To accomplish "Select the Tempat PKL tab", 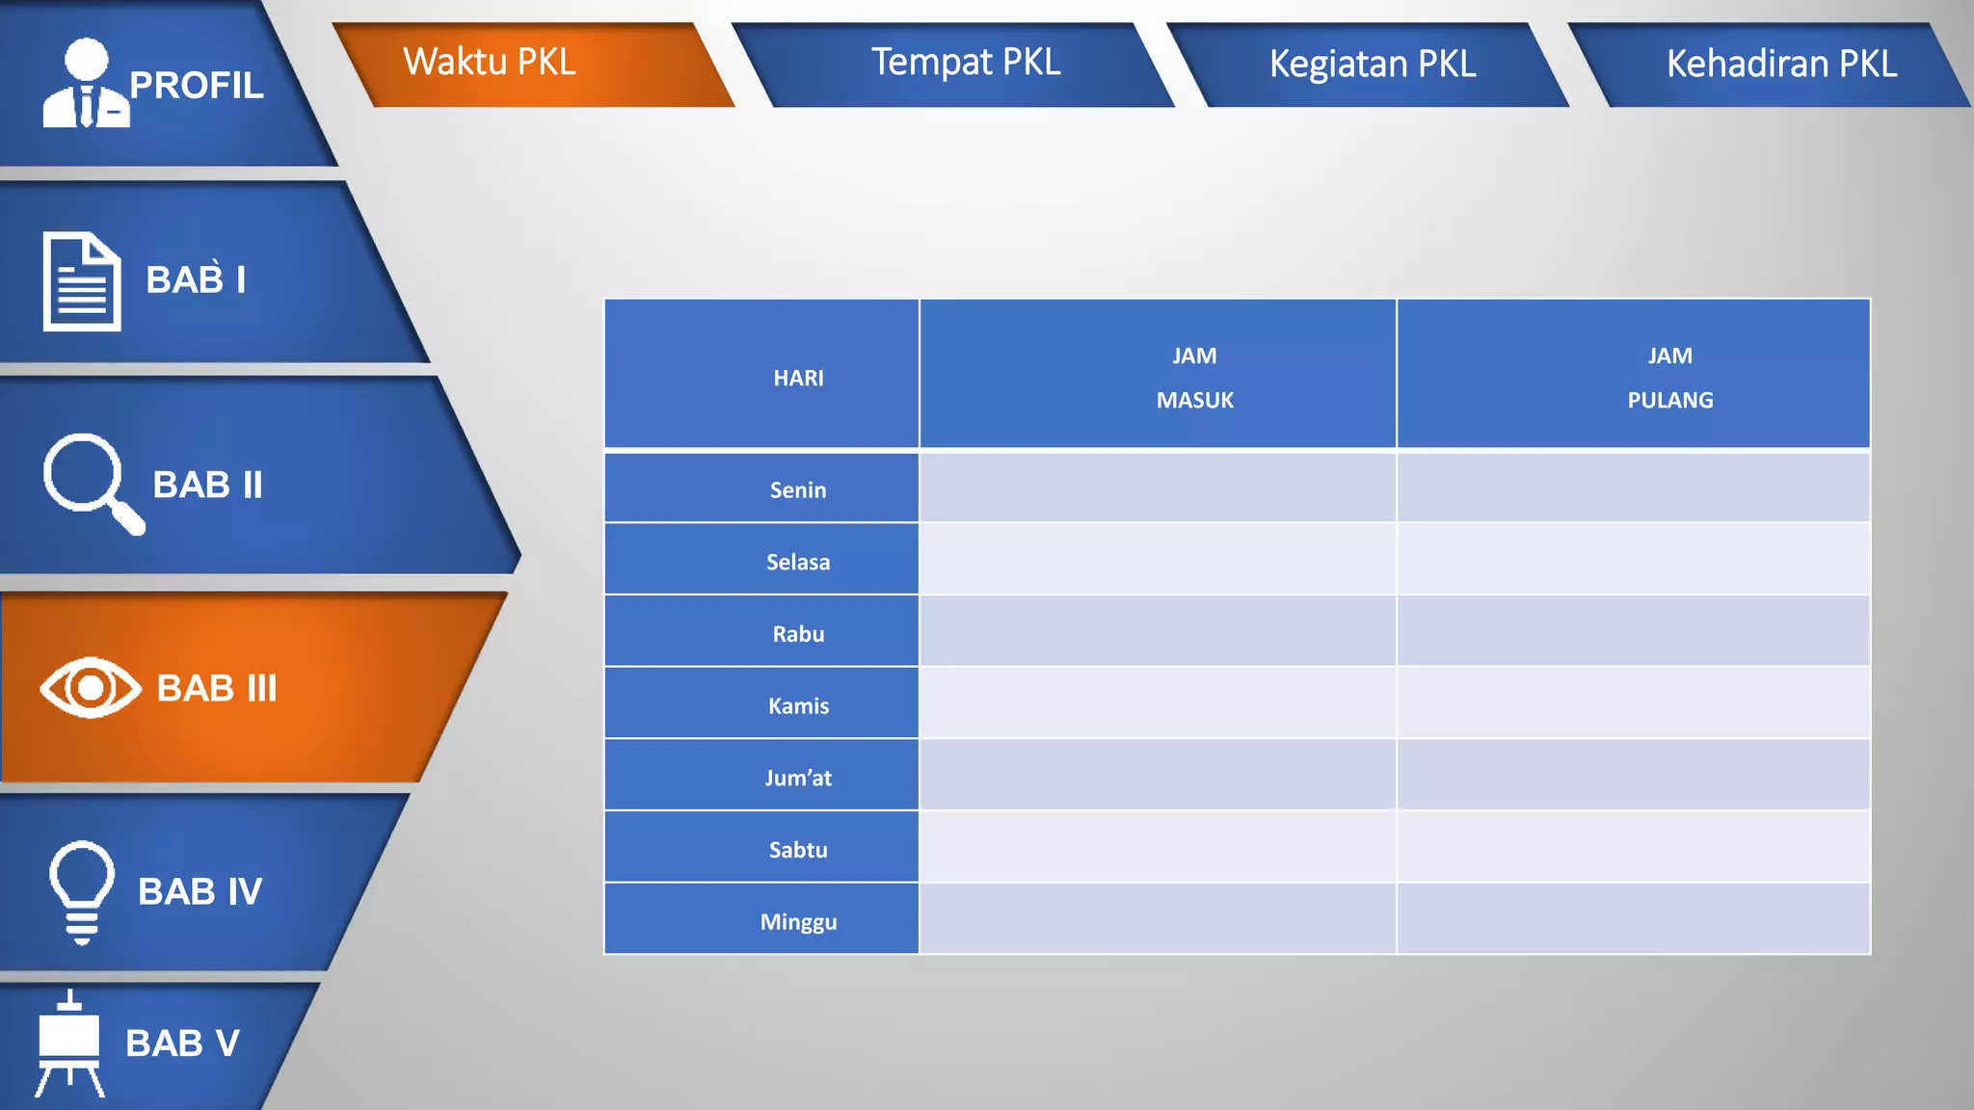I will (x=965, y=63).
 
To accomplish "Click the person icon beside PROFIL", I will (x=85, y=85).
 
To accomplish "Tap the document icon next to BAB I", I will (x=82, y=281).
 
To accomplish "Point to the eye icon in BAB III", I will (x=91, y=687).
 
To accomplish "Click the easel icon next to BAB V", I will (x=69, y=1044).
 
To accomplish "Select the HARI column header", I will (x=798, y=378).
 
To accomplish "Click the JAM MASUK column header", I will (x=1194, y=378).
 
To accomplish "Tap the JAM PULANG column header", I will (x=1669, y=378).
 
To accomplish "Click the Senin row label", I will (x=798, y=489).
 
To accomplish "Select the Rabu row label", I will (x=798, y=634).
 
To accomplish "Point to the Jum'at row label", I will (x=798, y=778).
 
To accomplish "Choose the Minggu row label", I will (x=798, y=921).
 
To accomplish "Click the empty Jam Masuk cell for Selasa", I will (x=1157, y=560).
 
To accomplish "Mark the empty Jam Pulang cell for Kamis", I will (x=1633, y=703).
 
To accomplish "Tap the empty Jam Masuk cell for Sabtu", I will (x=1157, y=847).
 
